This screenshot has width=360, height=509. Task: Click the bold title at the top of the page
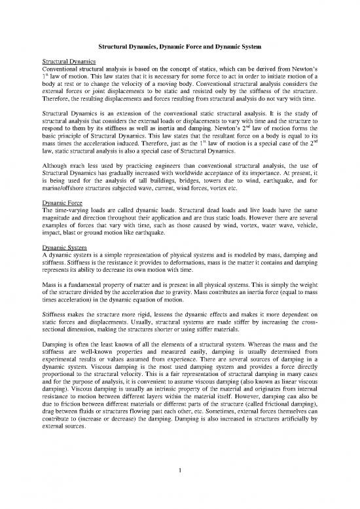[180, 47]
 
